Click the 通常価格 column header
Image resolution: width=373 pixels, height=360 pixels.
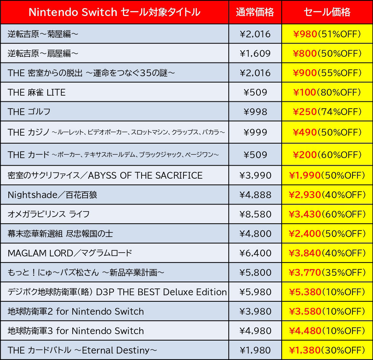point(255,12)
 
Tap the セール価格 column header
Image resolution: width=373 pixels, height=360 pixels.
point(327,12)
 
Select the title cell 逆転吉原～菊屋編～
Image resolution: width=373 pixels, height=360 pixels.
point(43,34)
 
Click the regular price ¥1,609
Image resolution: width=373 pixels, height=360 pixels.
point(255,54)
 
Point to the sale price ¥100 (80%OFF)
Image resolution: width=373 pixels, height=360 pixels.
point(327,92)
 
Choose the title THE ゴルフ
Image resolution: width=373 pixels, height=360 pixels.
point(29,112)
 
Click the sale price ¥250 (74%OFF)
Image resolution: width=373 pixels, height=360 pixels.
point(327,112)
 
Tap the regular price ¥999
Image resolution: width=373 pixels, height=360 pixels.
point(255,132)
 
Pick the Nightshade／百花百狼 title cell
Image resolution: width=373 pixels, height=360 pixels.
point(52,195)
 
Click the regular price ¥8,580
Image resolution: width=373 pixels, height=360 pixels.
point(255,214)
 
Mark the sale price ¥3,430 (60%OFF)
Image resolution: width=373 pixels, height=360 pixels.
point(327,214)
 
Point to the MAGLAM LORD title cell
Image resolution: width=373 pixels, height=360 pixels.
point(70,253)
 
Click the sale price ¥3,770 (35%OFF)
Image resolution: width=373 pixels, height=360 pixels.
point(327,272)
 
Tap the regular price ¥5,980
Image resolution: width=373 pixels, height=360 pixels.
point(255,292)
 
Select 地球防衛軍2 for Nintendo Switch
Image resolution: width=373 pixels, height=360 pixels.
point(76,311)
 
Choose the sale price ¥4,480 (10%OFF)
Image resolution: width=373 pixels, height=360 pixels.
point(327,331)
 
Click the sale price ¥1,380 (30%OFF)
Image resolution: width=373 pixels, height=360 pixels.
point(327,350)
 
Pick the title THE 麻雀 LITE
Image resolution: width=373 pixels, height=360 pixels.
point(37,92)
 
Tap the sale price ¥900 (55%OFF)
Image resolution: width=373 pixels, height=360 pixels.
point(327,73)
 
